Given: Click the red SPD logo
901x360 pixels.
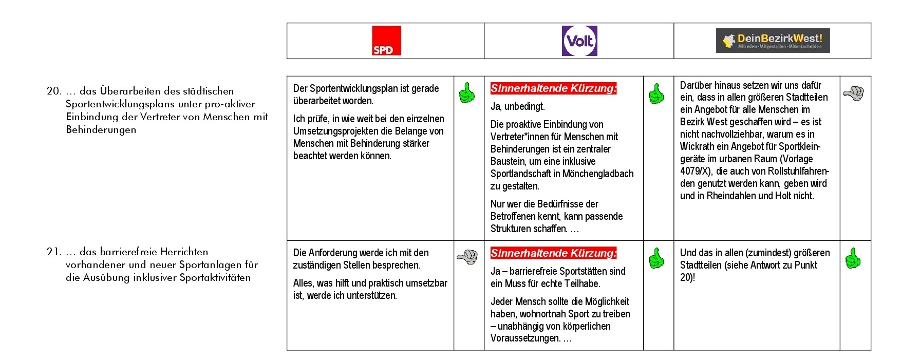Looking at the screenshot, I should [386, 41].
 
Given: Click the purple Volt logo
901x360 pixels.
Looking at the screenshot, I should [579, 41].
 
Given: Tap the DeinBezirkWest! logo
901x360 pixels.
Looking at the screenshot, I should [773, 41].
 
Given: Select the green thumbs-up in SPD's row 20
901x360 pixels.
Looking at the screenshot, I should [467, 93].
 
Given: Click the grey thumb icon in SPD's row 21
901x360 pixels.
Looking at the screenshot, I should [467, 256].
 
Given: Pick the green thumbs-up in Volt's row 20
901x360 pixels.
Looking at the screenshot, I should [656, 93].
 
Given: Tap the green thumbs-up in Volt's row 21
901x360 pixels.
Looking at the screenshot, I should [656, 258].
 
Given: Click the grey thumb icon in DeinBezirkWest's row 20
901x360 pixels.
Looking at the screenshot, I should [853, 93].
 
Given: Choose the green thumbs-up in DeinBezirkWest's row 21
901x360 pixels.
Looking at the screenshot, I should [853, 258].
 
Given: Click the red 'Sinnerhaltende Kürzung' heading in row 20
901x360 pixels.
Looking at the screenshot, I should [553, 88].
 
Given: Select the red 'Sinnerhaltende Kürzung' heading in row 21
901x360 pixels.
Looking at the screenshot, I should [553, 253].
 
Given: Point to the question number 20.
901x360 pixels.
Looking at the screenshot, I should [53, 91].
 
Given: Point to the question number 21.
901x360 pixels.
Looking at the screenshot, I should [53, 252].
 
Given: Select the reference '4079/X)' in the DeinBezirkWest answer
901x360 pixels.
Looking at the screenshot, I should [696, 171].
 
